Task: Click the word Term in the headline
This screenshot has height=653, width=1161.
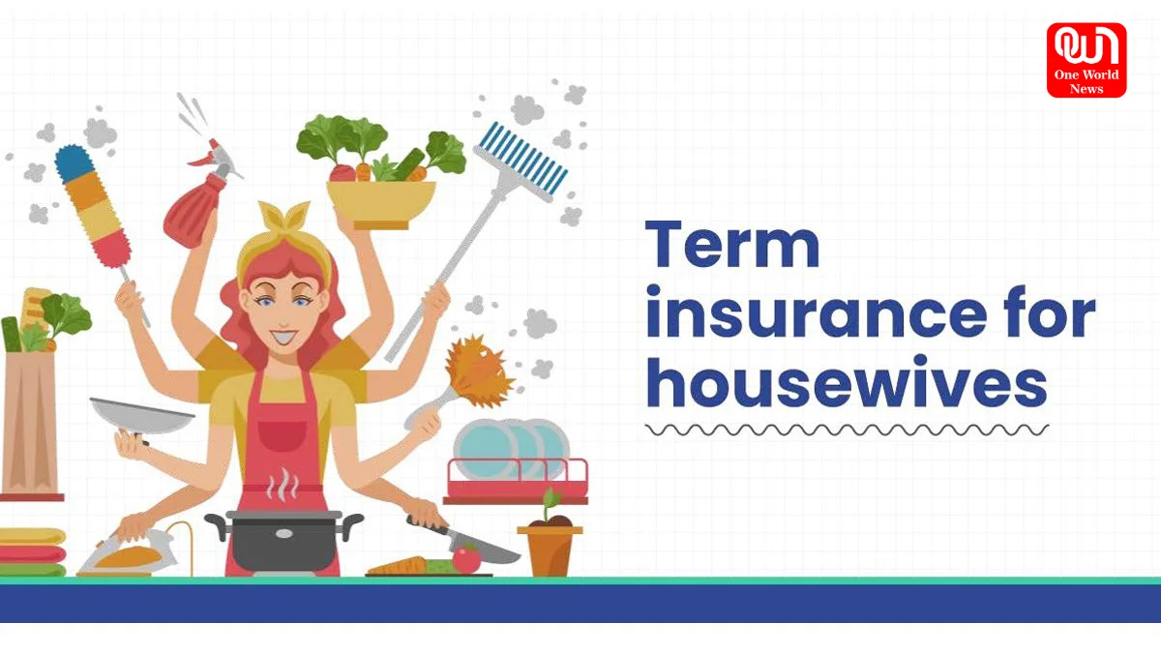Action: pyautogui.click(x=732, y=244)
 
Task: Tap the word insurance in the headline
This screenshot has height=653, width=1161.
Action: pyautogui.click(x=817, y=313)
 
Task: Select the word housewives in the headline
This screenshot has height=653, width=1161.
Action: pyautogui.click(x=847, y=382)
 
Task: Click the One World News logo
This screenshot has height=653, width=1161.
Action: pyautogui.click(x=1087, y=60)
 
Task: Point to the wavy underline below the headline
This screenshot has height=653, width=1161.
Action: pyautogui.click(x=847, y=430)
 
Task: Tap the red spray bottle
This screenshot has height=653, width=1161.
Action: pyautogui.click(x=199, y=194)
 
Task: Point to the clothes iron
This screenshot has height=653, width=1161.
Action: pyautogui.click(x=130, y=554)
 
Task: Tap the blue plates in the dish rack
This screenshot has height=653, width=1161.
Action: pyautogui.click(x=512, y=449)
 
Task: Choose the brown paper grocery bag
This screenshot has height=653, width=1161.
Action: pyautogui.click(x=30, y=423)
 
